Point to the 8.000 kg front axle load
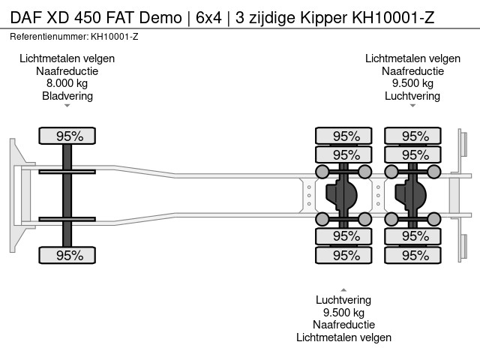[67, 84]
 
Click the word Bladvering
[67, 96]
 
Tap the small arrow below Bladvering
[67, 106]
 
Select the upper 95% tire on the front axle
[67, 136]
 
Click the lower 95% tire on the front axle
[67, 255]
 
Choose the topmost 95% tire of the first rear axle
[343, 136]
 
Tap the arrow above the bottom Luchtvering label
[343, 289]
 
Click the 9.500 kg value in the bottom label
[343, 313]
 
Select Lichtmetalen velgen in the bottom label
[343, 337]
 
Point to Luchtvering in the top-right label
[412, 96]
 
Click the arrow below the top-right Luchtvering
[412, 106]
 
